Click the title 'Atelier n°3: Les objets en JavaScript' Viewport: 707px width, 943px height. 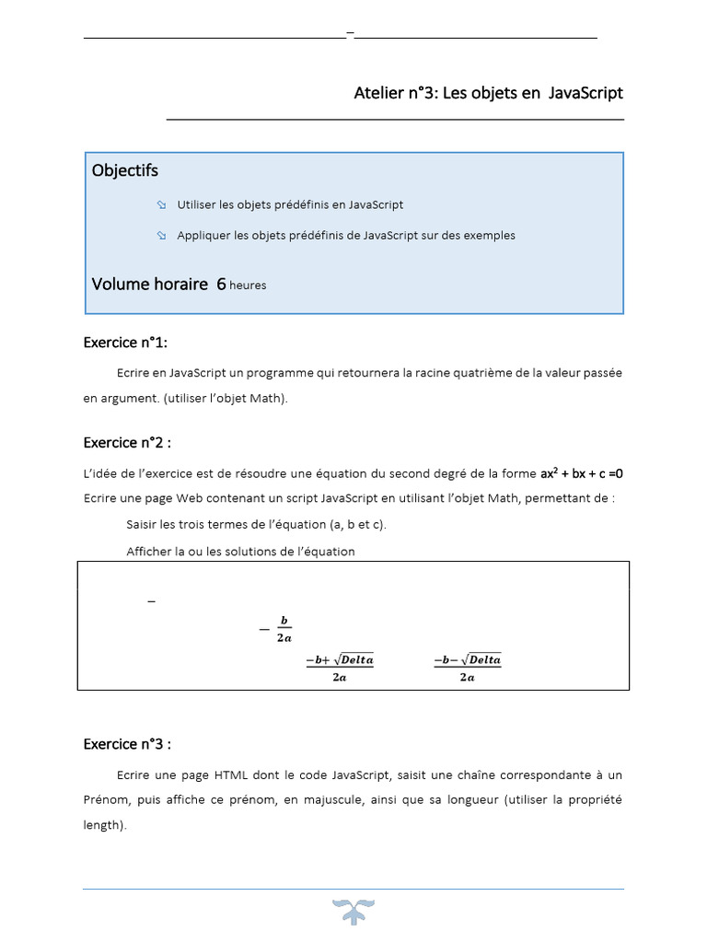pos(488,93)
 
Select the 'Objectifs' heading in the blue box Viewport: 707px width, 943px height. pos(125,170)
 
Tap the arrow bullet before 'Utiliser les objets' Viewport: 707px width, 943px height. pos(161,204)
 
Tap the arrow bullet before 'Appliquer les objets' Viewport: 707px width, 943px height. pos(161,236)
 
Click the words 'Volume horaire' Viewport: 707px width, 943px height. pos(150,285)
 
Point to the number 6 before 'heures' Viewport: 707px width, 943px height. pos(221,285)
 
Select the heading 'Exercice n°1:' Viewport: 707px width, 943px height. pos(126,343)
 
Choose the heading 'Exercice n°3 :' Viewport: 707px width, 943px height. pos(128,744)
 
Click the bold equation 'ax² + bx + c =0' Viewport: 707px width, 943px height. pos(588,473)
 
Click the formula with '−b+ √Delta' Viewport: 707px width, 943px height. pos(340,668)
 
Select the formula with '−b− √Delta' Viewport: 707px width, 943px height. pos(467,668)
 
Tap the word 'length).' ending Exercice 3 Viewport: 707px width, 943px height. pos(104,826)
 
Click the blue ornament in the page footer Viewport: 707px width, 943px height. pos(353,911)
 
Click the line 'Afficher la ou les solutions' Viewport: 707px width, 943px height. pos(240,552)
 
